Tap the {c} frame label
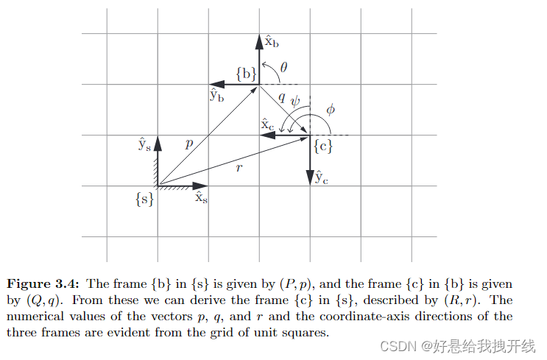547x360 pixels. point(323,146)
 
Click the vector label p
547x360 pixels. point(189,144)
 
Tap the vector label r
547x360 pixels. point(239,168)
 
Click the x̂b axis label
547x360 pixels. point(271,42)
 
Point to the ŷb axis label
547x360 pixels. point(216,95)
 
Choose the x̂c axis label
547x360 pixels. point(268,125)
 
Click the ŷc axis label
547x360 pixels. point(322,177)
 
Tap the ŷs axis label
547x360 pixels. point(144,144)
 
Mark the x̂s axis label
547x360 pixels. point(201,198)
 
